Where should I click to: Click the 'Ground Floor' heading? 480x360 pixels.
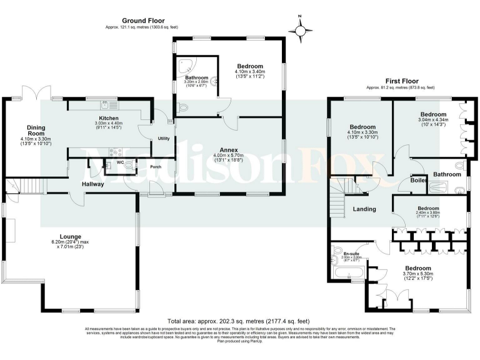[x=139, y=21]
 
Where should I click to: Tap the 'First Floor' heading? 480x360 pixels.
[x=401, y=81]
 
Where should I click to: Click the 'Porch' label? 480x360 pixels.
[x=156, y=167]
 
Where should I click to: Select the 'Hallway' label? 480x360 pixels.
[x=92, y=184]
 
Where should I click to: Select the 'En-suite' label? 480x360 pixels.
[x=352, y=253]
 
